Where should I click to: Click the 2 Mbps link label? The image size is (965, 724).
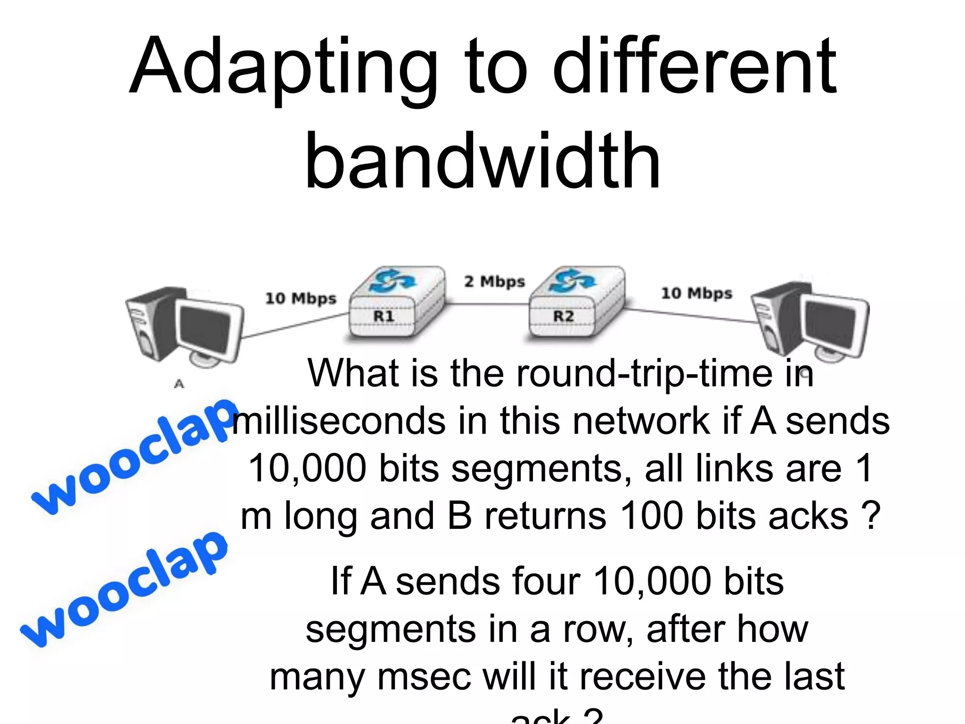pyautogui.click(x=494, y=281)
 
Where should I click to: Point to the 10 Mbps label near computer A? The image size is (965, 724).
pyautogui.click(x=301, y=298)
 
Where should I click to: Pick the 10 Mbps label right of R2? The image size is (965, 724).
pyautogui.click(x=696, y=293)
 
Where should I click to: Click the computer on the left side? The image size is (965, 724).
pyautogui.click(x=184, y=325)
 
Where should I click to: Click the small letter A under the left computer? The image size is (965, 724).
pyautogui.click(x=179, y=384)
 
